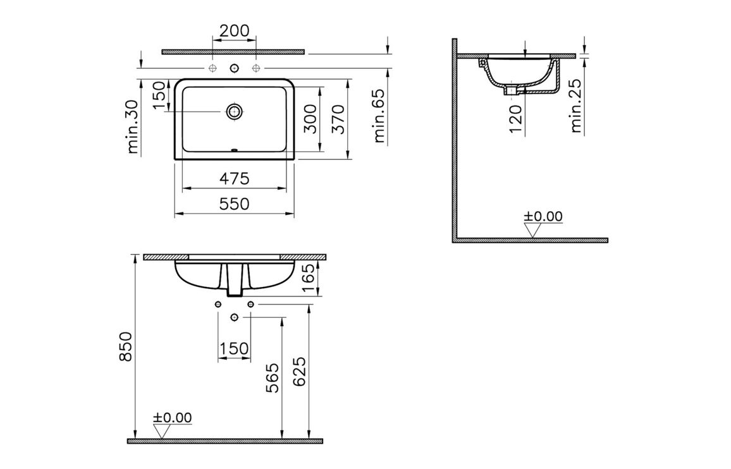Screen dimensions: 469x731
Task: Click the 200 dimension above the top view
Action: (x=234, y=30)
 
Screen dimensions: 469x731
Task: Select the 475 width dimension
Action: (x=235, y=179)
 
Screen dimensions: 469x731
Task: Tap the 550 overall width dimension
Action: (x=235, y=204)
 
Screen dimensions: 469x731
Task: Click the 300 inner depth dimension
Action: (x=310, y=118)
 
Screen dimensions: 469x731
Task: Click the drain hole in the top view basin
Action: (x=235, y=112)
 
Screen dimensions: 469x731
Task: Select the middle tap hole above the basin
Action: (x=235, y=68)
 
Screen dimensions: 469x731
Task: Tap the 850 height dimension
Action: (x=126, y=346)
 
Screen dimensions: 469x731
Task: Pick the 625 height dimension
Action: (x=300, y=372)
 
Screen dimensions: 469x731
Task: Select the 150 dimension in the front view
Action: (x=234, y=348)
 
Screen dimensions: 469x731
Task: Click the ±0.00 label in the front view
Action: (x=173, y=418)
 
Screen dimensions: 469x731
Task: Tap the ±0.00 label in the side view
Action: (x=543, y=217)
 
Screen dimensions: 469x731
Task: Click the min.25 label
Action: (x=576, y=107)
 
